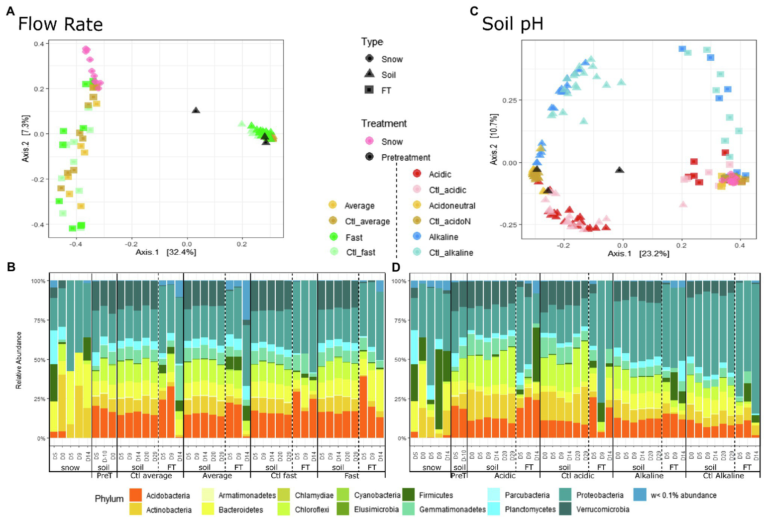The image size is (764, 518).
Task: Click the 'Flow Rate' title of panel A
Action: (60, 24)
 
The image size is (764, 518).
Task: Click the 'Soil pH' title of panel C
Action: (512, 24)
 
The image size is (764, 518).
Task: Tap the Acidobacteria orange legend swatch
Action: (135, 495)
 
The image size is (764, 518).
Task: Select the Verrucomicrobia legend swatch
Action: (565, 509)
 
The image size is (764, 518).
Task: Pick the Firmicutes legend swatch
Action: (409, 495)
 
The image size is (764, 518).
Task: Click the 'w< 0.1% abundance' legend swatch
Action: (640, 495)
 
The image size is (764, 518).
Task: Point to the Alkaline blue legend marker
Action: (417, 237)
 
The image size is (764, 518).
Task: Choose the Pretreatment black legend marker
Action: (369, 157)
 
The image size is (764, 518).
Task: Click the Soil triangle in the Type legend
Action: (369, 74)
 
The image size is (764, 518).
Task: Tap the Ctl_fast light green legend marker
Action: (333, 252)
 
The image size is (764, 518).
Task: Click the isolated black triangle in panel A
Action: (196, 110)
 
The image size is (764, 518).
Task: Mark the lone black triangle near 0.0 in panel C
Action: (619, 170)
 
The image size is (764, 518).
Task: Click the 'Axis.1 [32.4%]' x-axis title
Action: (166, 252)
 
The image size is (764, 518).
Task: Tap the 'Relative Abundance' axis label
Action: (19, 360)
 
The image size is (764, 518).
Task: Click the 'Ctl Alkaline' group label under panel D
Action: (723, 476)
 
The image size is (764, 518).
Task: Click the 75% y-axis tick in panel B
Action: (38, 320)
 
